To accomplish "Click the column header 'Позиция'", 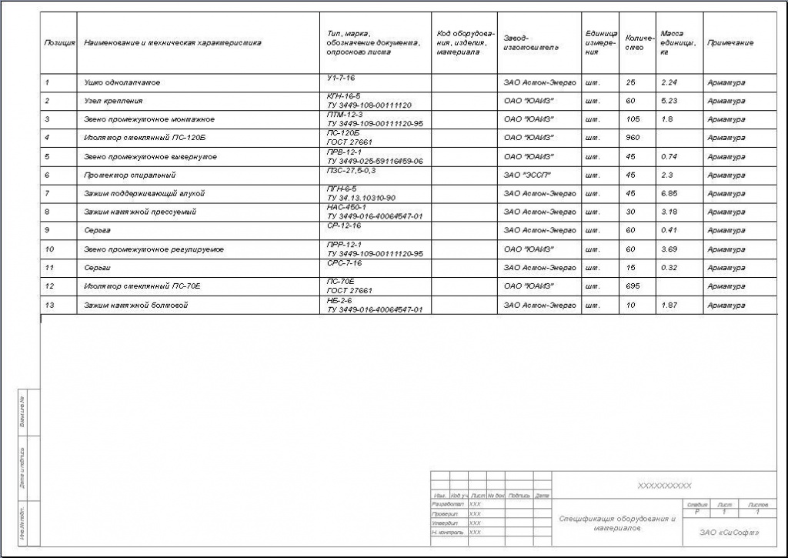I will pos(59,43).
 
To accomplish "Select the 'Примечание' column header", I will pos(730,43).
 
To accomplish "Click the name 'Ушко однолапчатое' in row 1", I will pos(122,82).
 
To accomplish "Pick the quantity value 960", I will pos(633,138).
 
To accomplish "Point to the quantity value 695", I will pos(633,286).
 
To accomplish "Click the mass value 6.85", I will pos(668,193).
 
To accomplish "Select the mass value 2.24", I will pos(668,82).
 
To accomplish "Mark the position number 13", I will pos(48,306).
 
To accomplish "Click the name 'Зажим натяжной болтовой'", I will pos(135,306).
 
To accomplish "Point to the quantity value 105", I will pos(633,119).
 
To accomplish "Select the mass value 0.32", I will pos(668,268).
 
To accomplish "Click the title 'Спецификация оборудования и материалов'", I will pos(616,523).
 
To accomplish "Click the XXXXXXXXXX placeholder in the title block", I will pos(665,486).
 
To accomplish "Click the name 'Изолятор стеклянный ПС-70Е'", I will pos(142,286).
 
